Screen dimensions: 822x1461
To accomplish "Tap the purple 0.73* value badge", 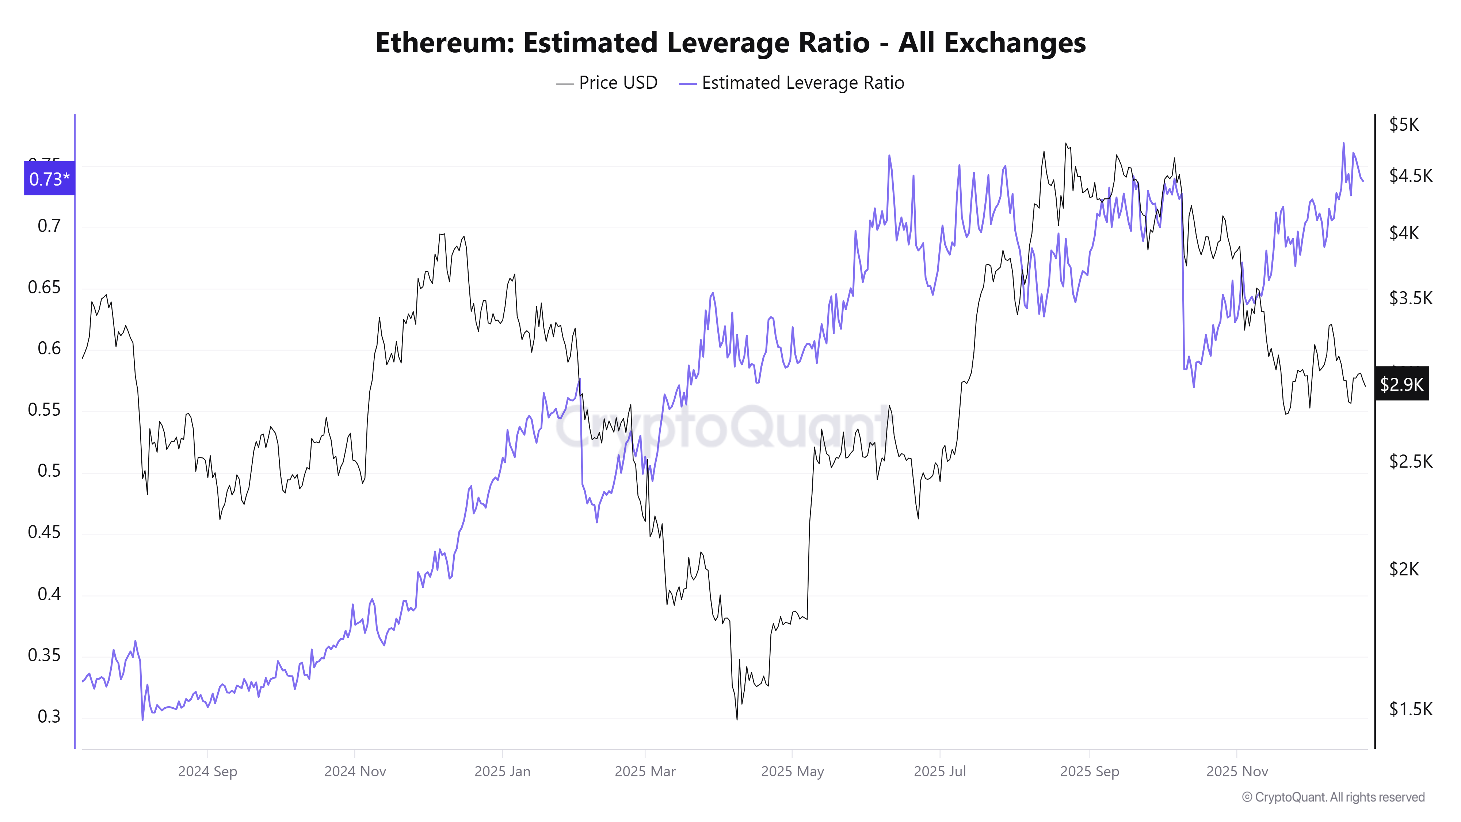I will [49, 179].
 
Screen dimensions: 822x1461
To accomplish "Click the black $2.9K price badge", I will [1401, 384].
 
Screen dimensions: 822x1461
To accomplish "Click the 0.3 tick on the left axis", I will [49, 716].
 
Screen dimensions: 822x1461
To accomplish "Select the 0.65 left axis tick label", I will [44, 287].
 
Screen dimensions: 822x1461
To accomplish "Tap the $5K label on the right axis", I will [1404, 124].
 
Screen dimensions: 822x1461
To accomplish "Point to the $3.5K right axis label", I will [1411, 298].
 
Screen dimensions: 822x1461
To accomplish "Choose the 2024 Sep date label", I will [207, 772].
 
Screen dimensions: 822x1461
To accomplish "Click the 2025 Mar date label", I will [645, 772].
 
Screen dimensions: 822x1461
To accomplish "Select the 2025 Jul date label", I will [940, 772].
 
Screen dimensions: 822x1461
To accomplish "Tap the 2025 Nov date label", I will [1237, 772].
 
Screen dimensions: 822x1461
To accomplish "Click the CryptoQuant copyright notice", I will [1333, 797].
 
